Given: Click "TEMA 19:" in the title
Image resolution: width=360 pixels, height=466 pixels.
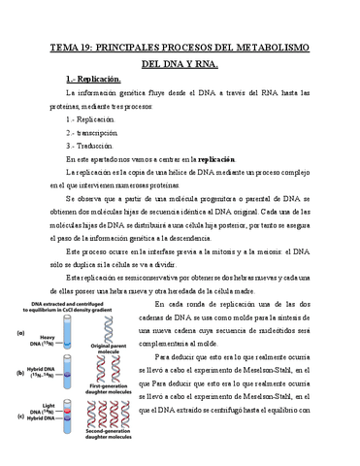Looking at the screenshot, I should coord(80,46).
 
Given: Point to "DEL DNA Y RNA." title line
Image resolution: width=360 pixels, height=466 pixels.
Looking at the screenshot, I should coord(180,63).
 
